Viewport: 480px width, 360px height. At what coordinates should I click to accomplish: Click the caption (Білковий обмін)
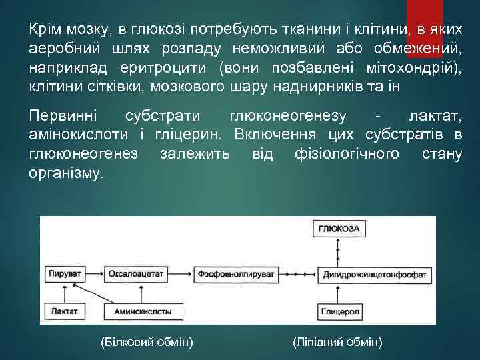point(146,342)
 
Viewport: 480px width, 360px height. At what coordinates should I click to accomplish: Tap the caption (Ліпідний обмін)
point(337,342)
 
